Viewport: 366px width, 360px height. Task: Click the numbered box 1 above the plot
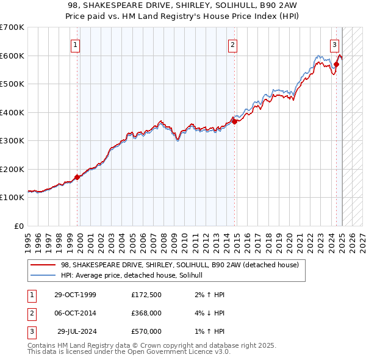pyautogui.click(x=75, y=44)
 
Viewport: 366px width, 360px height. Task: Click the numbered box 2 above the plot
pyautogui.click(x=233, y=44)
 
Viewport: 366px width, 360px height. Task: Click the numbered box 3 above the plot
pyautogui.click(x=335, y=44)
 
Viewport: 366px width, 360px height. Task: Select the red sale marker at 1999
pyautogui.click(x=77, y=178)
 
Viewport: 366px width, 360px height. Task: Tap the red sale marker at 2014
pyautogui.click(x=235, y=122)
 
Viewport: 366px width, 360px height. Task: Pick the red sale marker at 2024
pyautogui.click(x=337, y=63)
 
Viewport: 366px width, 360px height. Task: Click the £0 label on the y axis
pyautogui.click(x=20, y=226)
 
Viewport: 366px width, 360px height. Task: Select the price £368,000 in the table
pyautogui.click(x=146, y=314)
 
